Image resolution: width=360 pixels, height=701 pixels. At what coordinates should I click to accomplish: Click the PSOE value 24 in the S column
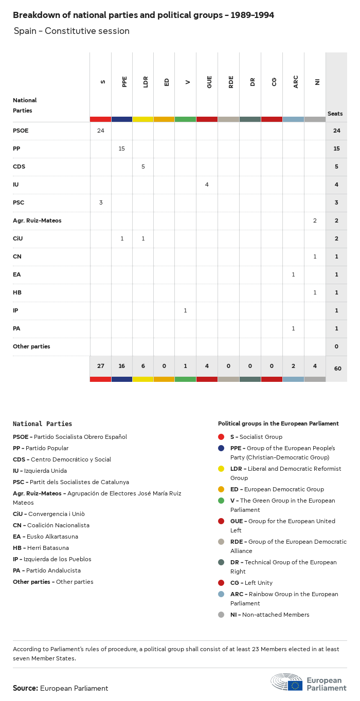100,131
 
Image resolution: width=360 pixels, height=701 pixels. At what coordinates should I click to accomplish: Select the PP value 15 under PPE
122,149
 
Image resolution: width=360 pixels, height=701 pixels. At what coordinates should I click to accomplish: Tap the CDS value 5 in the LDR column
143,167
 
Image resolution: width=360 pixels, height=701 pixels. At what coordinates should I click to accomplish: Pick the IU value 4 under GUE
207,185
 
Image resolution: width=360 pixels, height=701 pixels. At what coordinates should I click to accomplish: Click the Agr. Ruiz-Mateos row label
37,220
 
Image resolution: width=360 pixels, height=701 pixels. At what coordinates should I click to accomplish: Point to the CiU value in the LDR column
143,238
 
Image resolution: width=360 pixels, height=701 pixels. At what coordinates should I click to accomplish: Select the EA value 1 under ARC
293,274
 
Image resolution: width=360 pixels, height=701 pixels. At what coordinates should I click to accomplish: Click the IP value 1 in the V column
186,310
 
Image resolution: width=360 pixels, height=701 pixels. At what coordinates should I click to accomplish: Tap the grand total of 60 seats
337,368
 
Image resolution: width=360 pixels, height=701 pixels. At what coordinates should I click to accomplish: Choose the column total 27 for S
100,366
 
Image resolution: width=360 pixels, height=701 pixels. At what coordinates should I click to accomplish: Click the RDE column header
231,81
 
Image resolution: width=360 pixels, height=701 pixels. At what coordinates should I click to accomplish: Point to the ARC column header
296,81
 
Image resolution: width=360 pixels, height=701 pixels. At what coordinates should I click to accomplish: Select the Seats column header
335,114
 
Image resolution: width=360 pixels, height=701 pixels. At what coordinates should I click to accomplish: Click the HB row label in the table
17,292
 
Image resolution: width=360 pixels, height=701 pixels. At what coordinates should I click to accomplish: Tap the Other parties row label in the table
31,346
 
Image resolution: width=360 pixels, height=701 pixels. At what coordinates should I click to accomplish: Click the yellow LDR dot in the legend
221,469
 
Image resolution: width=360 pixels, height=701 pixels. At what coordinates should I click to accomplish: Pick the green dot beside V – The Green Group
221,501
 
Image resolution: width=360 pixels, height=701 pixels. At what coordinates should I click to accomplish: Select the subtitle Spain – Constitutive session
71,31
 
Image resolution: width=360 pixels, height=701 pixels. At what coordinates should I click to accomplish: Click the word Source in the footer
25,688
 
